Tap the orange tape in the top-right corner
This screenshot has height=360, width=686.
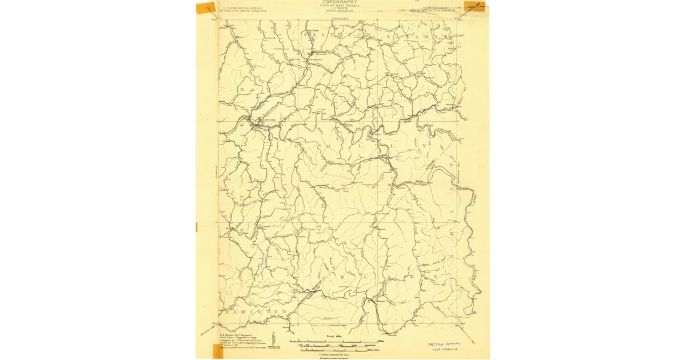474,6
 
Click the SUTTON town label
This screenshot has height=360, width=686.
270,120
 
